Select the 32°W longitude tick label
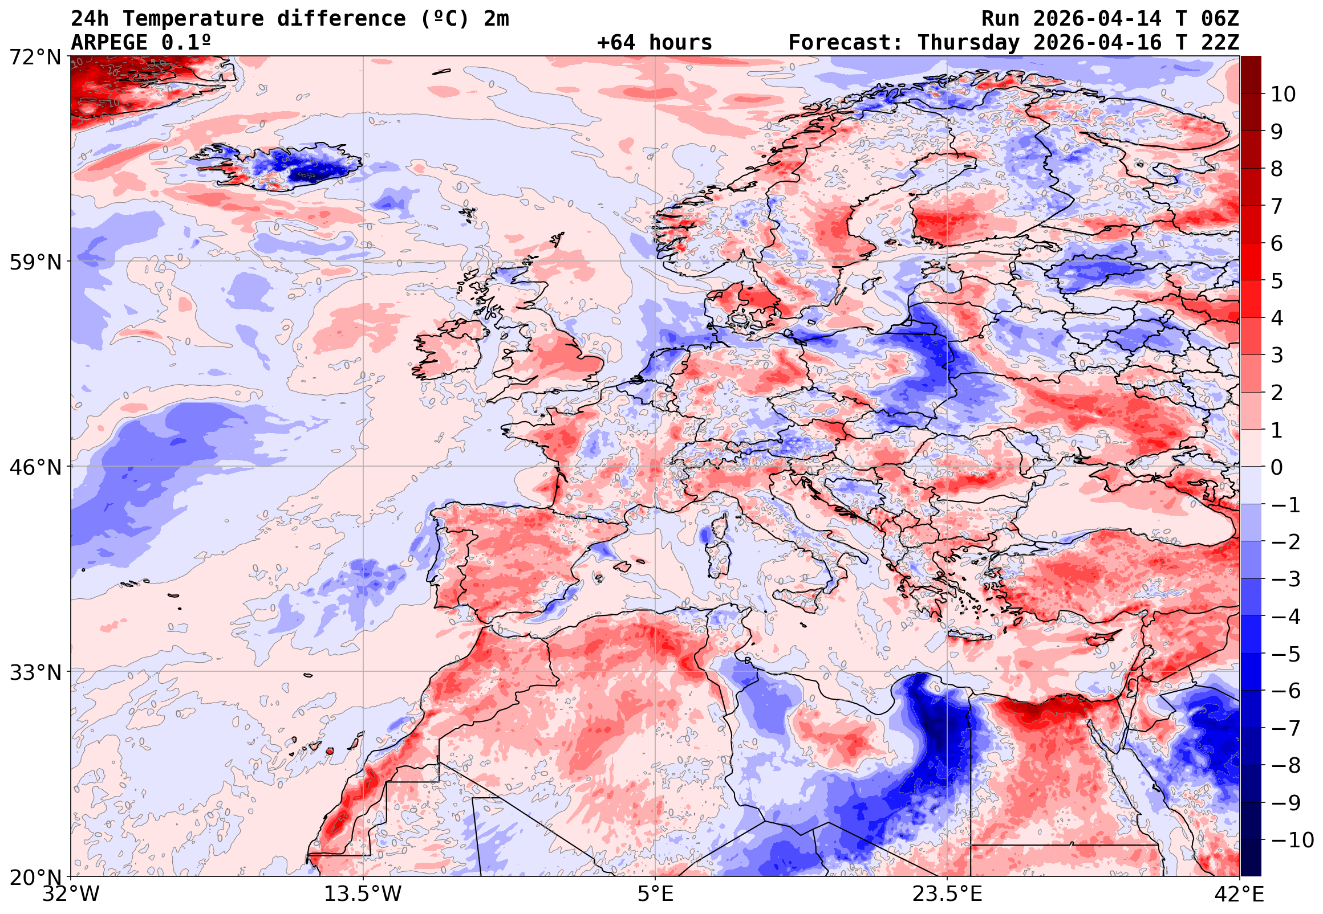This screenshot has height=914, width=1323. click(71, 893)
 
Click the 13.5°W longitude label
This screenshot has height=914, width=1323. click(363, 893)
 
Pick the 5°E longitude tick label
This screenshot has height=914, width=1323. click(655, 893)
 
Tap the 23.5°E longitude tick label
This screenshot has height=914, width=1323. click(947, 893)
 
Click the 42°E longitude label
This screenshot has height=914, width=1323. click(1239, 893)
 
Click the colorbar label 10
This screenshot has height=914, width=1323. click(1283, 94)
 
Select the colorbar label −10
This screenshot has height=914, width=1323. click(1292, 840)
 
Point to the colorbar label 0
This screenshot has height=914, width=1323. click(1277, 467)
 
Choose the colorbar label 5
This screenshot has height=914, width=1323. click(1277, 281)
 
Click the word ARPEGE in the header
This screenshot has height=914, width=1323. click(109, 42)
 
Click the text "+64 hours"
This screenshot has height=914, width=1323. click(654, 42)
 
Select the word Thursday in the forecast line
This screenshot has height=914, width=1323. click(968, 42)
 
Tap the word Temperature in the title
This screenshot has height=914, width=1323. click(193, 19)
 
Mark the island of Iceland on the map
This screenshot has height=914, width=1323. click(286, 166)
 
